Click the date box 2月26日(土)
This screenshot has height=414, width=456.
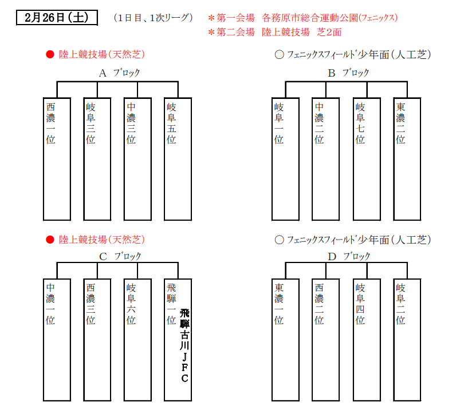pos(57,18)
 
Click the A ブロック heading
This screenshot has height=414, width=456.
pos(120,73)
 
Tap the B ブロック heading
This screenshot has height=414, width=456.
pos(348,73)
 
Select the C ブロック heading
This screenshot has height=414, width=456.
pos(120,256)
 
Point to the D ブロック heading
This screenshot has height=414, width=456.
pos(349,256)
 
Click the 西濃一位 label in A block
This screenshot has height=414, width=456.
pos(50,124)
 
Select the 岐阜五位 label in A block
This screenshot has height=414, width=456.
pos(171,124)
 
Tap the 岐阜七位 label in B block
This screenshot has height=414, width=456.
pos(360,124)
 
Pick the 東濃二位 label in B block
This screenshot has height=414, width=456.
pos(400,124)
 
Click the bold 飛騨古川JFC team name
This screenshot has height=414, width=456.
pos(184,346)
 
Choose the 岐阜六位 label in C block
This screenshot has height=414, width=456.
pos(131,304)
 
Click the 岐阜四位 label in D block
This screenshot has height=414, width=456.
pos(360,304)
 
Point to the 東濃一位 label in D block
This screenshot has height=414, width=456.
pos(278,304)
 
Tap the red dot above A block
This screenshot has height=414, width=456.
pos(50,54)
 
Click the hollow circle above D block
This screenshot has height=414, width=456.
pos(279,240)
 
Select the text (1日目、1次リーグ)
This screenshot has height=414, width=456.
pos(154,18)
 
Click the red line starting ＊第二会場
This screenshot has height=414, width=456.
pos(275,32)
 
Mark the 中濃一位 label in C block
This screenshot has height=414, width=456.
pos(50,304)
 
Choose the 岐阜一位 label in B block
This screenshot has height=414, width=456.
pos(278,124)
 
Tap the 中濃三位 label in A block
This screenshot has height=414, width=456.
pos(131,124)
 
